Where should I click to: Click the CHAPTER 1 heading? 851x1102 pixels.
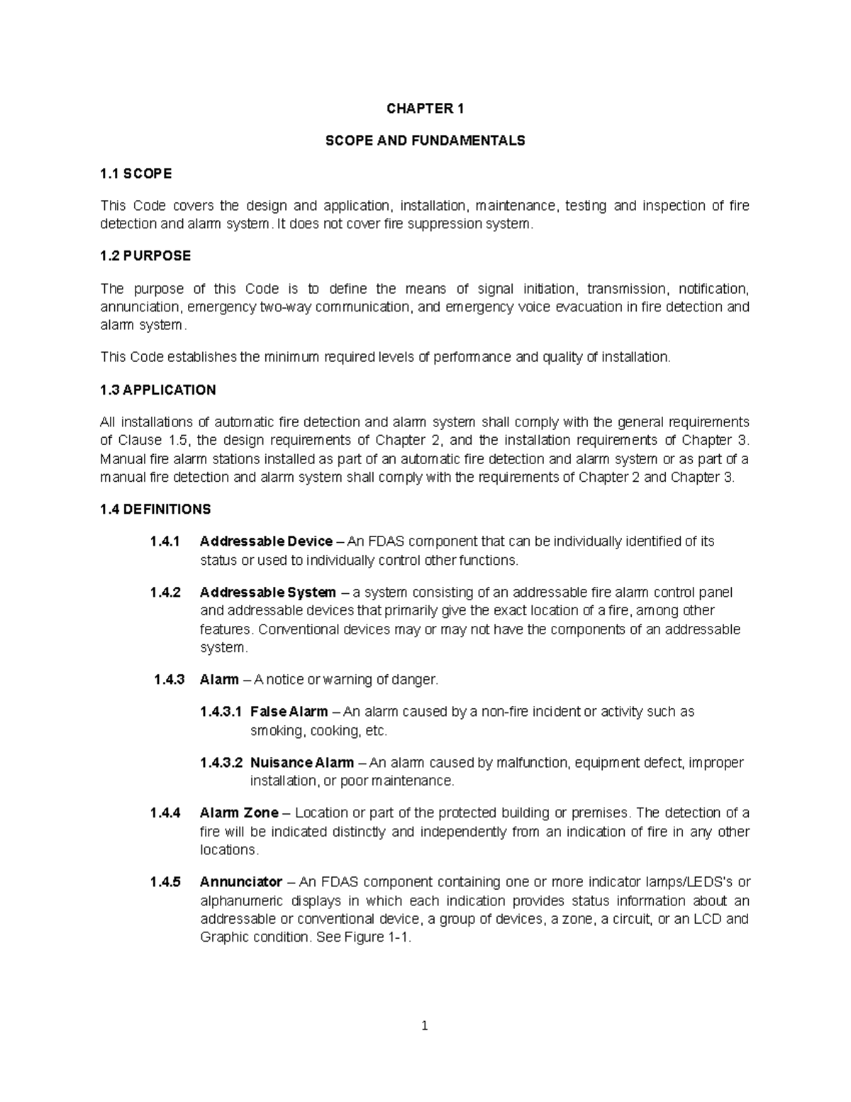(425, 109)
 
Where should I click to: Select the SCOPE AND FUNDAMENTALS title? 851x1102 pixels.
(425, 140)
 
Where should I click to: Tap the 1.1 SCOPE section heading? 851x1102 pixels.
(135, 173)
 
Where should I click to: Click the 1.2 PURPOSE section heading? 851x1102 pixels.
(145, 256)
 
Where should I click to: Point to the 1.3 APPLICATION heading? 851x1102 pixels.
(158, 390)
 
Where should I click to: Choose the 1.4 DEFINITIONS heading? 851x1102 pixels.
(155, 509)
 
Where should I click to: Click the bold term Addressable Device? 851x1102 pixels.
(267, 541)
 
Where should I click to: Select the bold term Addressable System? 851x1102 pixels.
(268, 593)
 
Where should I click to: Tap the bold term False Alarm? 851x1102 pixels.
(289, 712)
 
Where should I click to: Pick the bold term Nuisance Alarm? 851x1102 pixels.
(302, 763)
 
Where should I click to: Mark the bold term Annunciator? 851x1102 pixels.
(241, 883)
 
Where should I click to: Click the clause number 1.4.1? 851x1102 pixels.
(165, 541)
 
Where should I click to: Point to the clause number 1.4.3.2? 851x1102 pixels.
(221, 763)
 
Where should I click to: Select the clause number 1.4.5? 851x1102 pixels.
(165, 883)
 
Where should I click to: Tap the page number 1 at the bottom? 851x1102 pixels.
(425, 1025)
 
